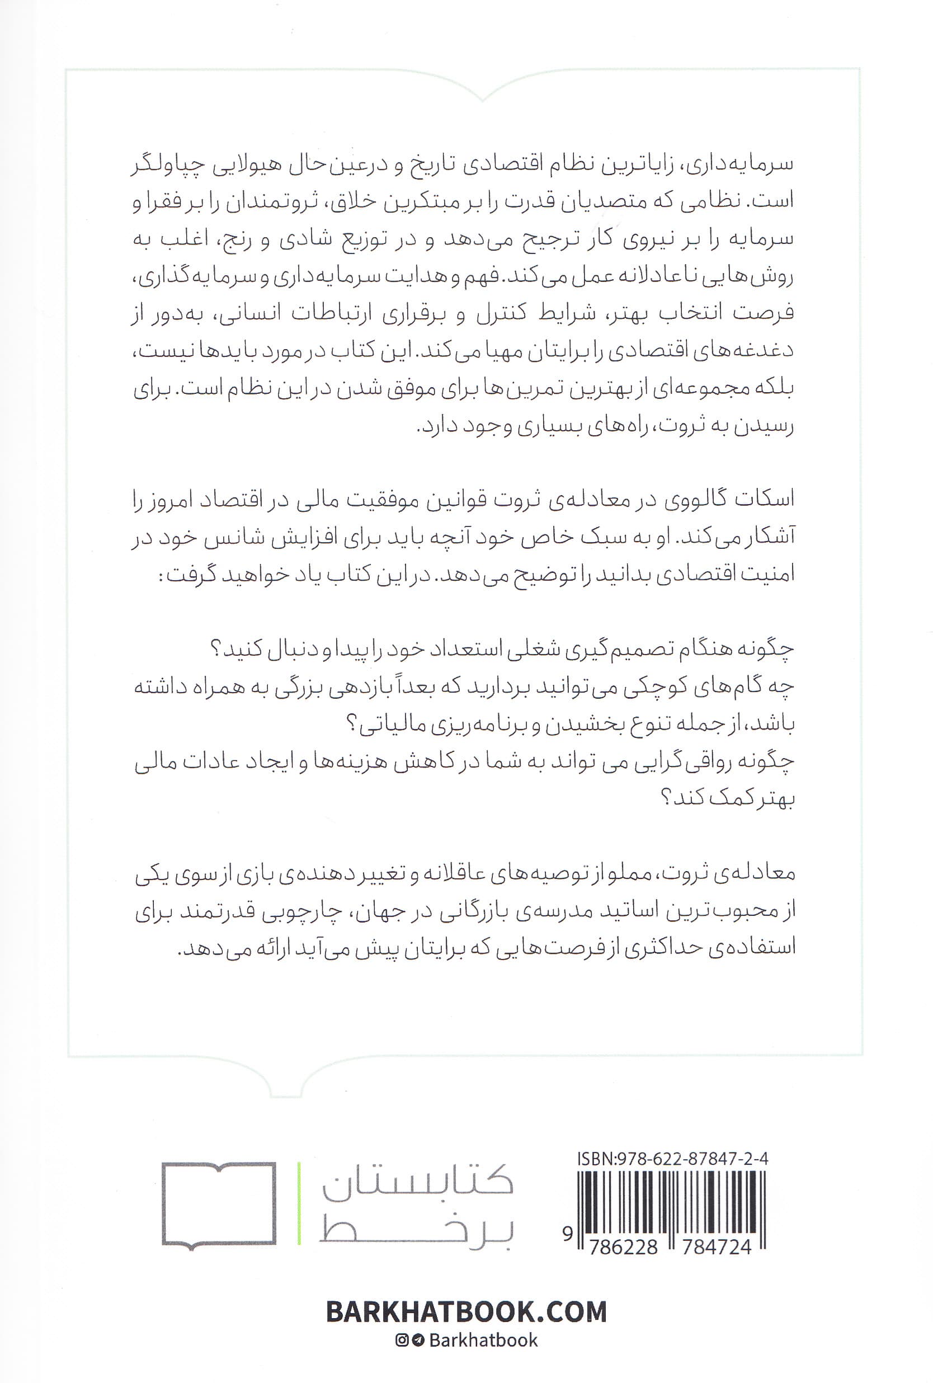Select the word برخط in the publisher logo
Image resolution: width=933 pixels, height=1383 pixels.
(417, 1234)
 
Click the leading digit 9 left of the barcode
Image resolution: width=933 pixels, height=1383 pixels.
(567, 1235)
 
